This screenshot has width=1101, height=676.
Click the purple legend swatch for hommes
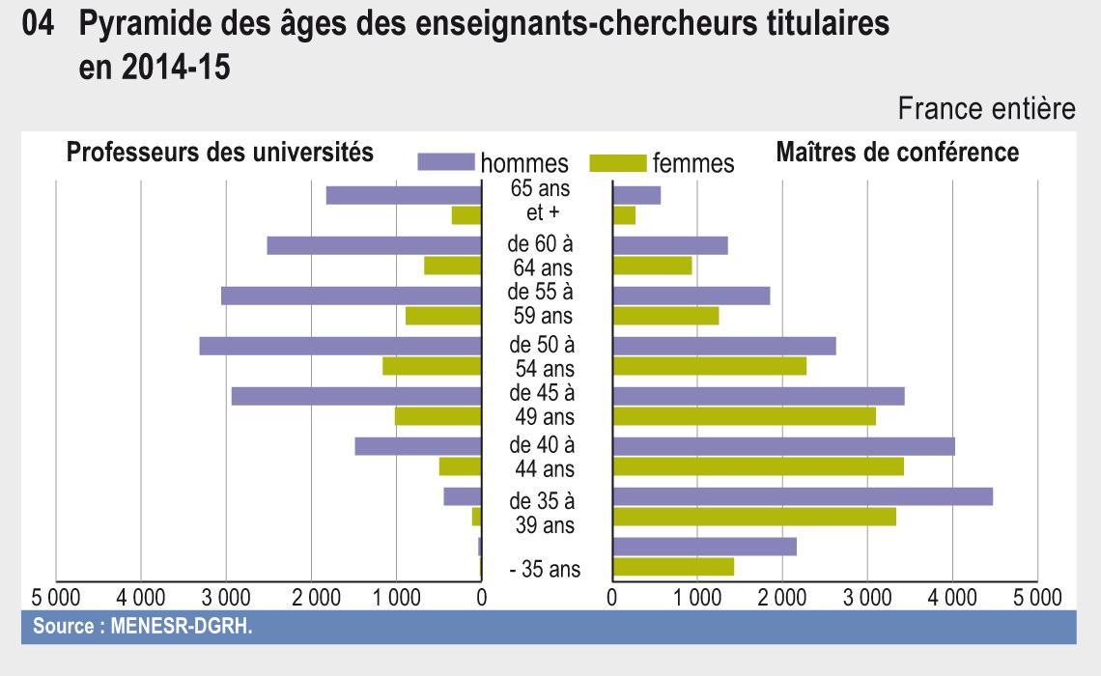click(447, 161)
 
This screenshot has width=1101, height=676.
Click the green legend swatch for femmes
click(618, 161)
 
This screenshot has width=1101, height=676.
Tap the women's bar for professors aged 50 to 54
click(432, 366)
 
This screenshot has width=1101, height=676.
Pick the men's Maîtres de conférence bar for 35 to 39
click(803, 496)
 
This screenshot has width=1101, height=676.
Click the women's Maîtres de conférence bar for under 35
click(673, 567)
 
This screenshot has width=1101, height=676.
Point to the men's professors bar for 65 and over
click(404, 195)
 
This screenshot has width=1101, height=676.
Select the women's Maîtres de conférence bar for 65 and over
click(624, 215)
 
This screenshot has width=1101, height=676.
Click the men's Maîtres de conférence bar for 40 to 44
click(783, 446)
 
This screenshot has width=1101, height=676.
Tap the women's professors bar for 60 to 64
click(452, 266)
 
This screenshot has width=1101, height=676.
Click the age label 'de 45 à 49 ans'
click(542, 406)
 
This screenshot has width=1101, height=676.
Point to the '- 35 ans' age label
click(545, 570)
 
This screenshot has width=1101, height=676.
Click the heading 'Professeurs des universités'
click(219, 152)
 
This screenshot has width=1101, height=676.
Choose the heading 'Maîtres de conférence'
click(897, 152)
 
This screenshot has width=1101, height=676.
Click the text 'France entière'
click(986, 111)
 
